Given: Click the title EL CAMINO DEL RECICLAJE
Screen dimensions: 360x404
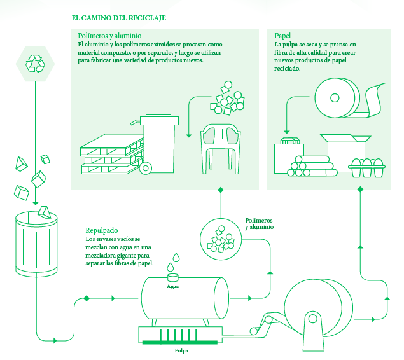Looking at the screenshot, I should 119,18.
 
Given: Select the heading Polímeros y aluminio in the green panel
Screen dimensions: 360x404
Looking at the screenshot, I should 109,36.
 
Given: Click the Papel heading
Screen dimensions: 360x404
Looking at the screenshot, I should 283,36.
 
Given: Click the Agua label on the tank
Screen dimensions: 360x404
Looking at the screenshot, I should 173,286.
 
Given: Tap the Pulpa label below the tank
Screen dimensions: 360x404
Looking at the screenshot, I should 181,350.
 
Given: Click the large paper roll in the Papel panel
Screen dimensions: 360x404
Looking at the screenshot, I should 335,97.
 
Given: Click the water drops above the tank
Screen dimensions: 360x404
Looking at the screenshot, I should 174,262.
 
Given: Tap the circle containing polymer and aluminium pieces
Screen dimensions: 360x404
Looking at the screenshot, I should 220,238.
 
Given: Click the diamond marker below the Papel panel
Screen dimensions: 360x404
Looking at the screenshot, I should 360,189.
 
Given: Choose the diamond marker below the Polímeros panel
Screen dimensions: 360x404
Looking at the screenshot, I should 221,190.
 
